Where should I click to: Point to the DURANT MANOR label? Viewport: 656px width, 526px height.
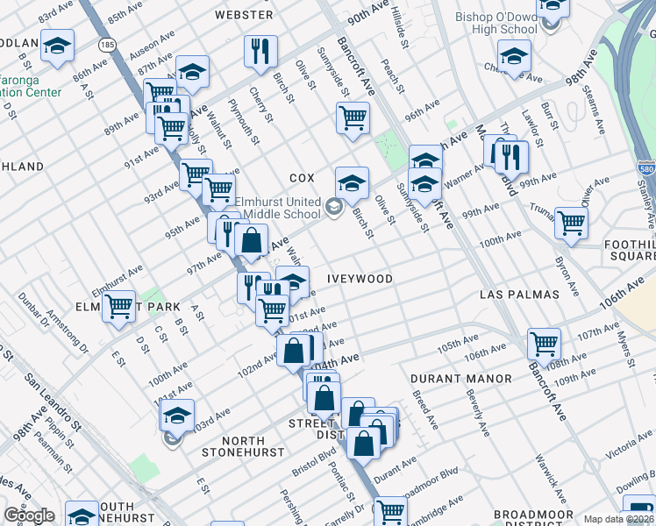(461, 379)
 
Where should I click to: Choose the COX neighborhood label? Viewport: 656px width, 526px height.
(301, 177)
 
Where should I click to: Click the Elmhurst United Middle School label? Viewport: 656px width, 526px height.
(277, 207)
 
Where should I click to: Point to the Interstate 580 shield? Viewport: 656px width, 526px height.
(643, 166)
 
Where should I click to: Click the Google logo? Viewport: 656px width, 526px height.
(29, 515)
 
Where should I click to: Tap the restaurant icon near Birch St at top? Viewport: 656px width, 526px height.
(260, 51)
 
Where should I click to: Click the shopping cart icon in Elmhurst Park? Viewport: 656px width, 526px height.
(118, 306)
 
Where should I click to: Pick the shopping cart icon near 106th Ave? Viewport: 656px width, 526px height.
(544, 343)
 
